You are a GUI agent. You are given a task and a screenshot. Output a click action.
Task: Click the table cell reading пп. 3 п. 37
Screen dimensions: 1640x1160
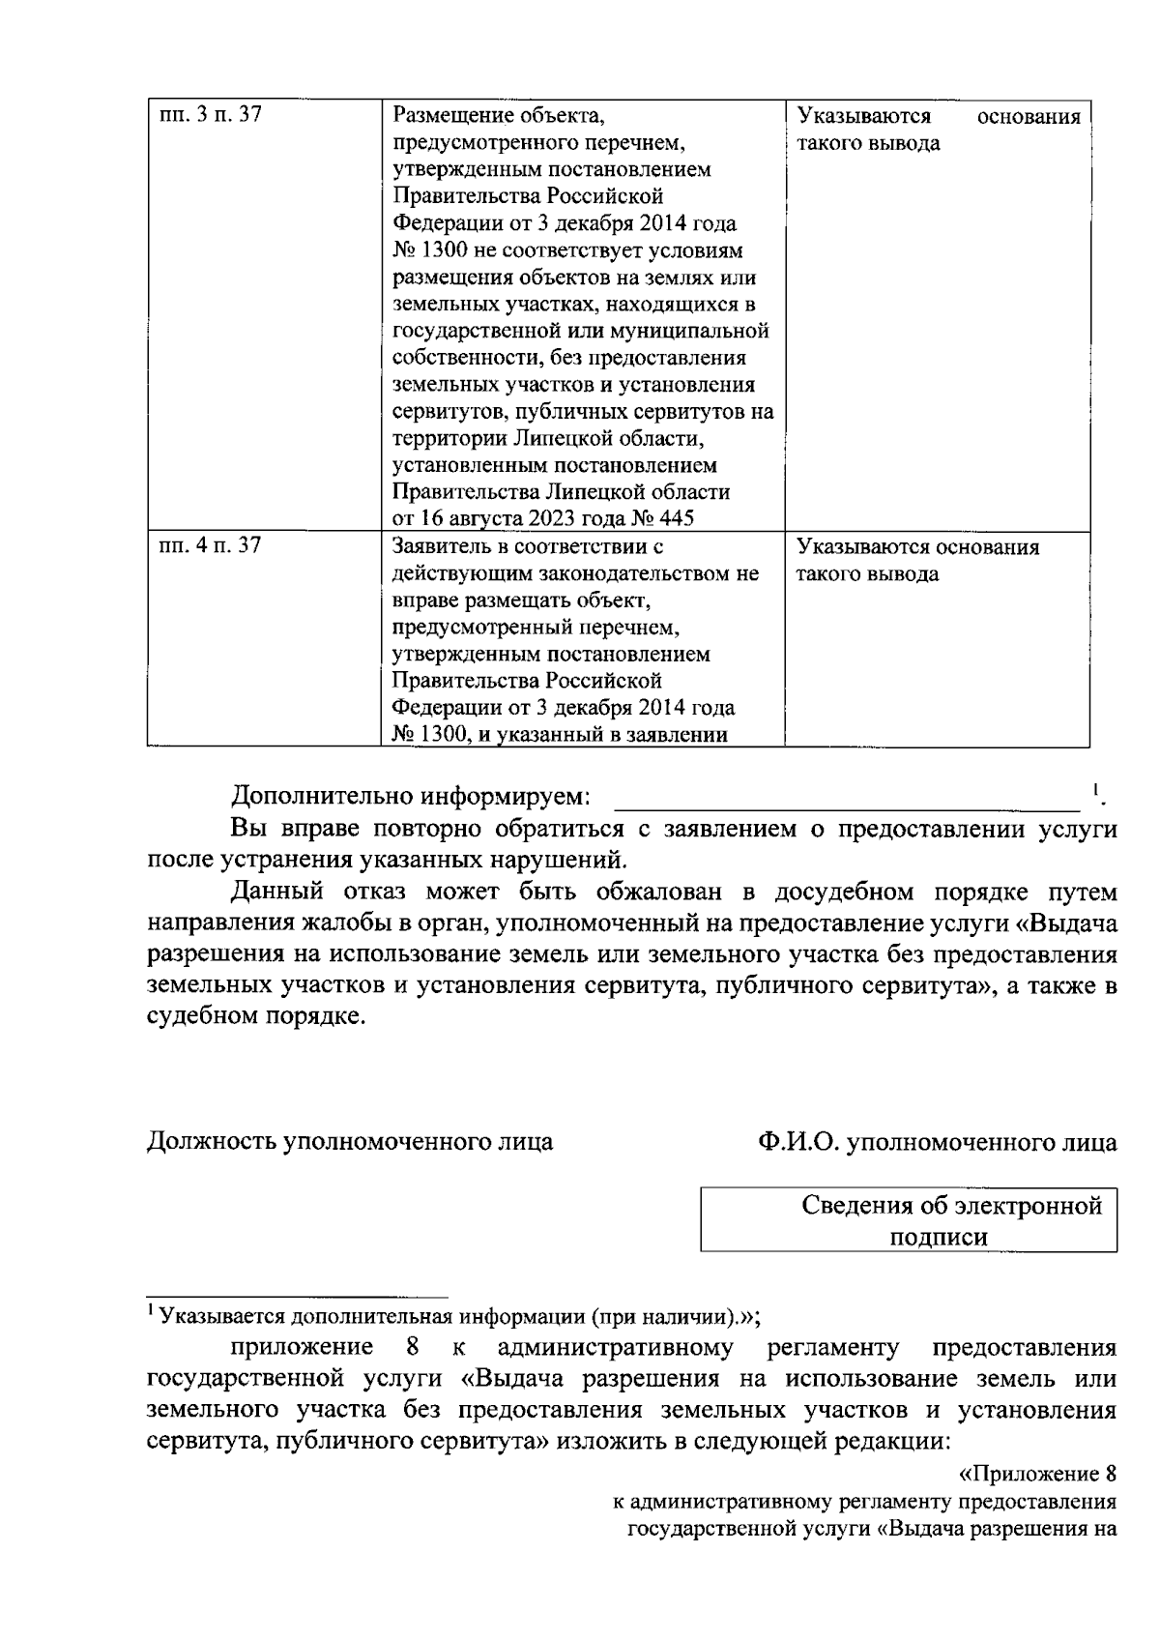pyautogui.click(x=210, y=116)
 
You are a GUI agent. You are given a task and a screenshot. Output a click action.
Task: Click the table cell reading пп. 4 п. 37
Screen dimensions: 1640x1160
pyautogui.click(x=210, y=546)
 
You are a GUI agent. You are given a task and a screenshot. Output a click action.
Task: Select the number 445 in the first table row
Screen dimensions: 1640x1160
pyautogui.click(x=676, y=519)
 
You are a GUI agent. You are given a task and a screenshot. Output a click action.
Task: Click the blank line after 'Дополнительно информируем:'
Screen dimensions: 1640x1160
pyautogui.click(x=848, y=799)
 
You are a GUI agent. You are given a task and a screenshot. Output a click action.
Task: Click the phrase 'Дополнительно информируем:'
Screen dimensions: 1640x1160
pyautogui.click(x=411, y=798)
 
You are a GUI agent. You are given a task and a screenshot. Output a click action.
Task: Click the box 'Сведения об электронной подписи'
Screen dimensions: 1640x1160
pyautogui.click(x=909, y=1220)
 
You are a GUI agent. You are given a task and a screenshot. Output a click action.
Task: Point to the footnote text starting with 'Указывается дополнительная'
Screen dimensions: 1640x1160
pyautogui.click(x=454, y=1316)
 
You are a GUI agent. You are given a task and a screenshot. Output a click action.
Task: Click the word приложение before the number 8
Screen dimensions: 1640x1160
pyautogui.click(x=302, y=1347)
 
